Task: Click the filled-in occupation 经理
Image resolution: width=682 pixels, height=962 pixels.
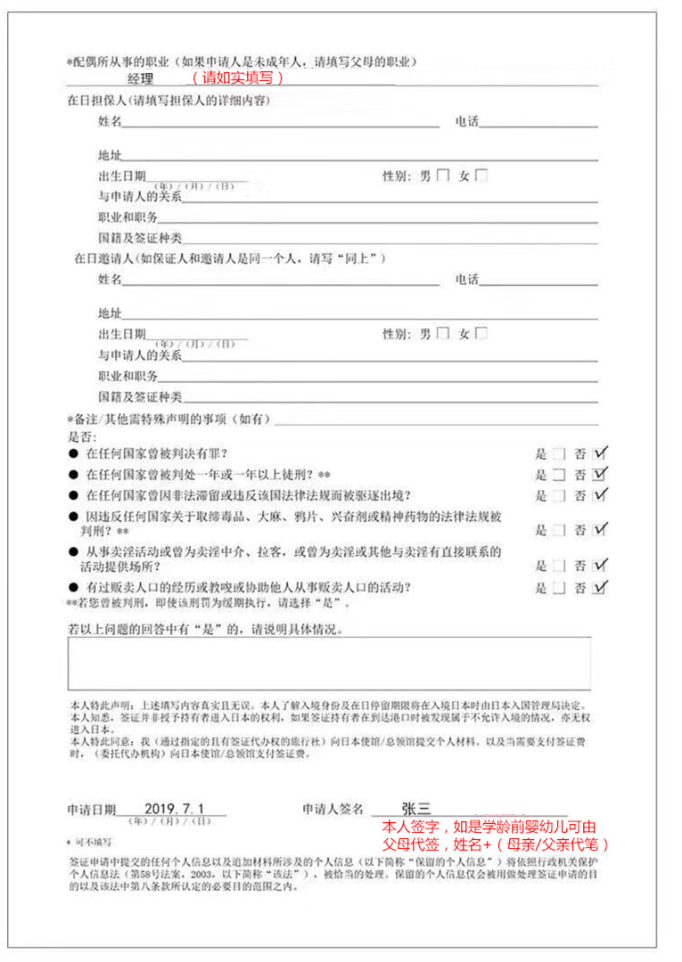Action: tap(141, 78)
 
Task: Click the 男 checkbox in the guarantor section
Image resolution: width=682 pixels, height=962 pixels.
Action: tap(443, 175)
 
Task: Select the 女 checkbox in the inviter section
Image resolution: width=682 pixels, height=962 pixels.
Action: tap(481, 334)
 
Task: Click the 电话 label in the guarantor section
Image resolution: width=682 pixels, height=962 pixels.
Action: tap(466, 121)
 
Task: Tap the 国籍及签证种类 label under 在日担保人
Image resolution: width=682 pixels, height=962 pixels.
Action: tap(140, 238)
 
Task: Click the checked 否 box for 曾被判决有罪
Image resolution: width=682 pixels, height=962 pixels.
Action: tap(599, 453)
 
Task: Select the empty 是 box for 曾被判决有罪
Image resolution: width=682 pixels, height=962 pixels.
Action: tap(559, 453)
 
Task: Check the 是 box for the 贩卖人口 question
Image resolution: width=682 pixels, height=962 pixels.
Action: tap(559, 588)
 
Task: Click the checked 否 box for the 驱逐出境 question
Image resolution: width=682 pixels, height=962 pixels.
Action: tap(599, 495)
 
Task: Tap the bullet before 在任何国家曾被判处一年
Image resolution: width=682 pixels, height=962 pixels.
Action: tap(73, 474)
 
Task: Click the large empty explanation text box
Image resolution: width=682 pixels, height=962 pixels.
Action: tap(329, 664)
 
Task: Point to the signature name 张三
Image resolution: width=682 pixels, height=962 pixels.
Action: tap(415, 808)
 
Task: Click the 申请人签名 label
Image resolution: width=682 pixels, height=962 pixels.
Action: tap(333, 810)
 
